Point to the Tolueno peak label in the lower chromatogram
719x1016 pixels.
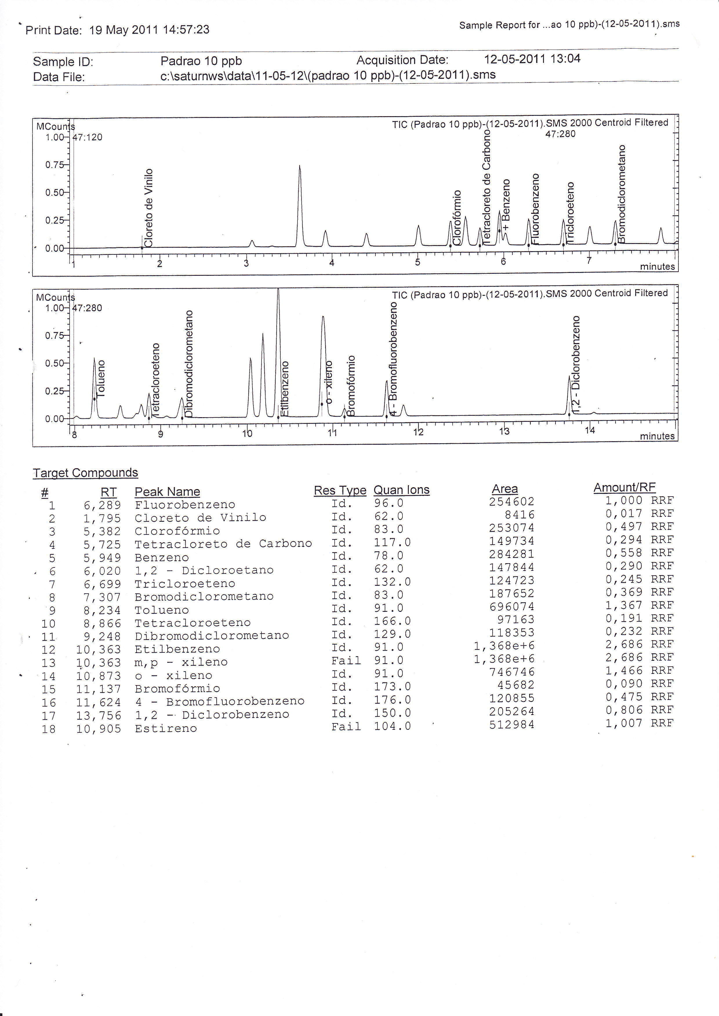pos(101,378)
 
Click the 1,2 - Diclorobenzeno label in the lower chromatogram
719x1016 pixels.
pos(575,365)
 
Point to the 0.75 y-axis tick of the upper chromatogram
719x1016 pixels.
pos(55,165)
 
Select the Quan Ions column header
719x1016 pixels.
pos(401,490)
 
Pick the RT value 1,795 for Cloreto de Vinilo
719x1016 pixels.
pos(102,518)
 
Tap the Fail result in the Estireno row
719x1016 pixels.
pos(346,726)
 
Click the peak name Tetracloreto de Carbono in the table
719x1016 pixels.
pos(223,544)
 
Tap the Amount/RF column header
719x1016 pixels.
pos(624,488)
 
